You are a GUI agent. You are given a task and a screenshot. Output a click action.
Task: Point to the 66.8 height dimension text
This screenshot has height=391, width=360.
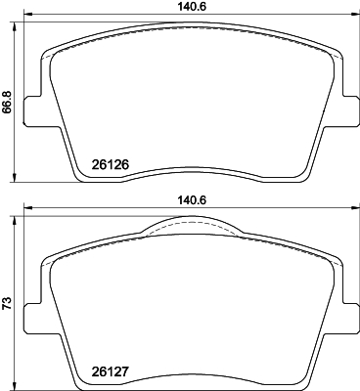[x=8, y=101]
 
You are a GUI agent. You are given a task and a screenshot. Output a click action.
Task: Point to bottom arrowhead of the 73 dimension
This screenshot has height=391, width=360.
[x=15, y=384]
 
